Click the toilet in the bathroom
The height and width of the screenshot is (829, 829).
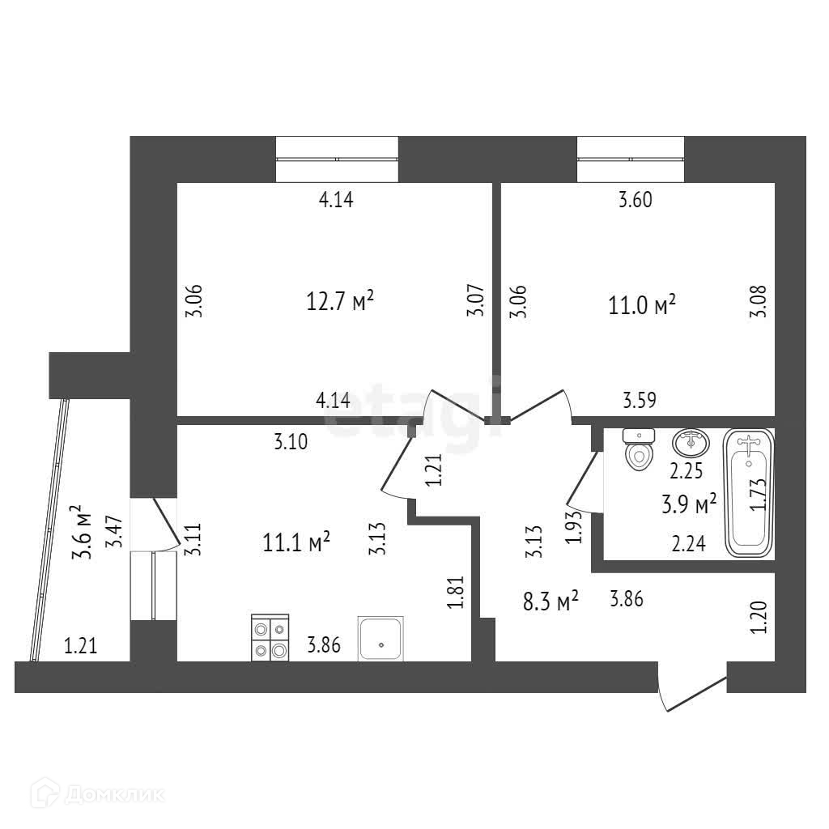639,450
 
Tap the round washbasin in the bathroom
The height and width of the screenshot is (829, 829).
690,443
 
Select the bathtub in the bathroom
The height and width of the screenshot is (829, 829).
748,493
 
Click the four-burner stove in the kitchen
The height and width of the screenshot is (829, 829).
270,638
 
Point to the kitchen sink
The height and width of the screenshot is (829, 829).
380,639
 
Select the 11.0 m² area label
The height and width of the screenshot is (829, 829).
642,305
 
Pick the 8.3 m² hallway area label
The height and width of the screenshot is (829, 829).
551,601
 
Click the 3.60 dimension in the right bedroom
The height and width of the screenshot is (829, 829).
635,201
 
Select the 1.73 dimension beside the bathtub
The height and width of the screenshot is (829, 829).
758,492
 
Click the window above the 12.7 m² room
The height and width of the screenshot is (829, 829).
337,159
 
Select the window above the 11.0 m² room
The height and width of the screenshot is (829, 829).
630,159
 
